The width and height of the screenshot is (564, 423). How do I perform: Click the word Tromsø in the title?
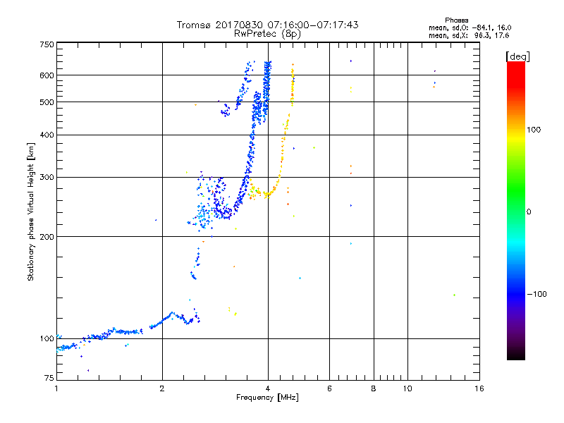tap(195, 25)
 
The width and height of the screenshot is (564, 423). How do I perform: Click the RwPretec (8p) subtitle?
tap(267, 33)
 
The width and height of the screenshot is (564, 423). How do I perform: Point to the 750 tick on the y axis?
tap(47, 44)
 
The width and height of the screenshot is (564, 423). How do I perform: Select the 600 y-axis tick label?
tap(47, 75)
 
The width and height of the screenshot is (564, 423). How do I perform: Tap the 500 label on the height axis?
tap(47, 102)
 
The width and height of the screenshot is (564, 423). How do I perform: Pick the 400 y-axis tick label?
tap(47, 135)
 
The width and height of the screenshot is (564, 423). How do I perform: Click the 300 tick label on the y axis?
tap(47, 177)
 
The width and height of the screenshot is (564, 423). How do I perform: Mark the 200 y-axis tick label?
tap(47, 236)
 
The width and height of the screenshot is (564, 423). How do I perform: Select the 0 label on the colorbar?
tap(528, 211)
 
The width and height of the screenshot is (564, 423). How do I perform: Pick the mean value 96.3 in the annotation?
tap(481, 34)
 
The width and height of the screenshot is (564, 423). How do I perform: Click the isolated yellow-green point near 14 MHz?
tap(455, 295)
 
